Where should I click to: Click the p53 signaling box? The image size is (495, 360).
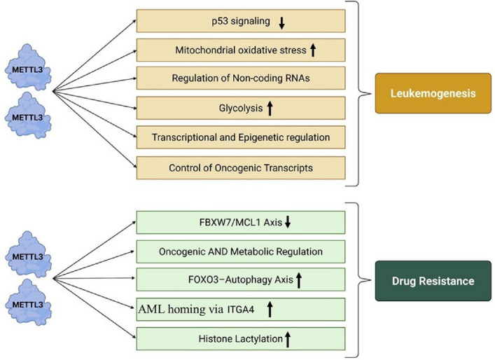[241, 21]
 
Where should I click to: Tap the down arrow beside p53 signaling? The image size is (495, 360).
[281, 23]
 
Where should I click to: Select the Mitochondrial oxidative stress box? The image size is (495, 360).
[241, 50]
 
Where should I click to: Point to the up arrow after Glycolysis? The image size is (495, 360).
[270, 108]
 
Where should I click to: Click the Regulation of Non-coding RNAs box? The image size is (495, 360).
[241, 78]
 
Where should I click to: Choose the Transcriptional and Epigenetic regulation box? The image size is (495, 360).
[241, 137]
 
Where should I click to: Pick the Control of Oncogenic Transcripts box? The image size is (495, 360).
[241, 167]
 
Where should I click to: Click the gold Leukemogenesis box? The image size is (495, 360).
[433, 93]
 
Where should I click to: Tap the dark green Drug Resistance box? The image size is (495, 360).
[433, 281]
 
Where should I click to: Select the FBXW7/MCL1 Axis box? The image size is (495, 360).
[241, 222]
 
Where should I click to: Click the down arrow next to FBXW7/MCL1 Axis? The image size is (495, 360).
[287, 222]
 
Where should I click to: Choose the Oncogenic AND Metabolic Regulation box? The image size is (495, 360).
[241, 251]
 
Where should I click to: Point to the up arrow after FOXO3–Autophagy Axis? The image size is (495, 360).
[299, 280]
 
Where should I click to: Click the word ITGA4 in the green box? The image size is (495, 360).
[241, 310]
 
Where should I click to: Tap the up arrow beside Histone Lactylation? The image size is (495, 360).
[287, 340]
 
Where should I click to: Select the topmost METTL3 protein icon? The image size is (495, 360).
[28, 67]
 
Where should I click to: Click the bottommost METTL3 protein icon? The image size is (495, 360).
[29, 303]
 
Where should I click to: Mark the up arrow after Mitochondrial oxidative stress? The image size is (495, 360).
[312, 50]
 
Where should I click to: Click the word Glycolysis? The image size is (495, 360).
[241, 109]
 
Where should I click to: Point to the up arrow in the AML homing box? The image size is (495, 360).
[270, 309]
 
